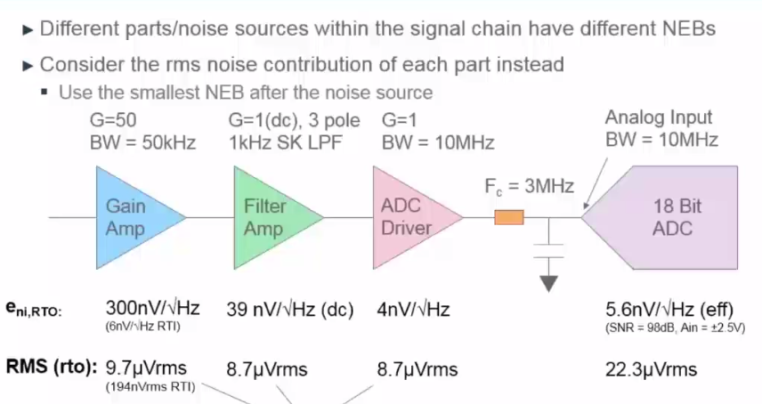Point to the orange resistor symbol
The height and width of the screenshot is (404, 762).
point(509,216)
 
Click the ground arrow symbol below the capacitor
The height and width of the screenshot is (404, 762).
point(550,282)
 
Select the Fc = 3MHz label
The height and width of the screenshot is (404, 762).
point(529,187)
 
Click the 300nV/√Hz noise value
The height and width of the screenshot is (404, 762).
point(152,309)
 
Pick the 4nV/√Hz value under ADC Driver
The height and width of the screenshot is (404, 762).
point(415,310)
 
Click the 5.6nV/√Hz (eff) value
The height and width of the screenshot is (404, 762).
point(668,310)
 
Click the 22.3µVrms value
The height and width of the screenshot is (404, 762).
point(651,368)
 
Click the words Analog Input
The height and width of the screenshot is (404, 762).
point(659,117)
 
